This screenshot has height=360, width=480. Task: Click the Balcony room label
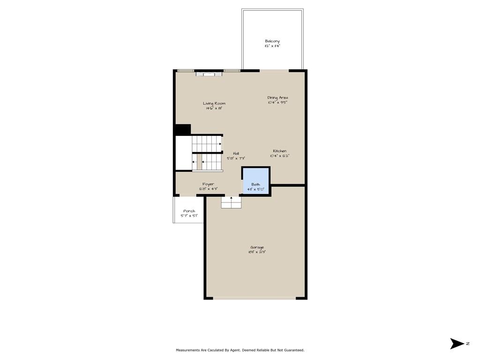[272, 41]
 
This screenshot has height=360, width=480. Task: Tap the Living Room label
[214, 104]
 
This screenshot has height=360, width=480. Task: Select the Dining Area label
[277, 97]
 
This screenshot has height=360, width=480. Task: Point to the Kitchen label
[280, 151]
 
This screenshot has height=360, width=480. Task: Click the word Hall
[236, 153]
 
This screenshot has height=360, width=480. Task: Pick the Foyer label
[208, 184]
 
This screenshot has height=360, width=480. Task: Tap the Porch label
[189, 211]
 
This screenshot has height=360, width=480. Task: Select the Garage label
[257, 247]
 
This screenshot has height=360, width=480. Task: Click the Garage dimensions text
[257, 252]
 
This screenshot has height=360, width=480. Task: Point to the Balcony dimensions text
[272, 46]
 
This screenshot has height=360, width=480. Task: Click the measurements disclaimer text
[240, 350]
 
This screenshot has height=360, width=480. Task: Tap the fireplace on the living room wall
[209, 73]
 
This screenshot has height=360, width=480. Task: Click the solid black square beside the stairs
[182, 129]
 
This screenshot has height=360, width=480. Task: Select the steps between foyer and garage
[231, 202]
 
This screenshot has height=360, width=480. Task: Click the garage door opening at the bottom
[255, 298]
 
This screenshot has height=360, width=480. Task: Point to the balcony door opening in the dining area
[274, 71]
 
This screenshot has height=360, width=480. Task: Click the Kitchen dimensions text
[279, 156]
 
